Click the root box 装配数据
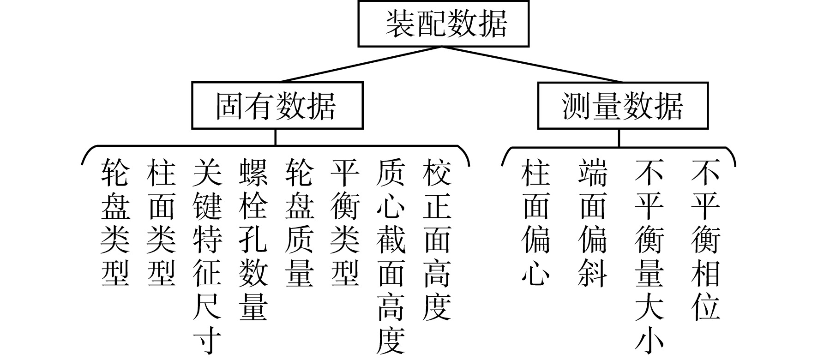[x=443, y=24]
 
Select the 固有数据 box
[x=277, y=106]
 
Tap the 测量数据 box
[x=623, y=106]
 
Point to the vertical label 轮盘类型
[x=115, y=222]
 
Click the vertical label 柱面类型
[x=161, y=222]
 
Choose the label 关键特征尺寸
[x=207, y=256]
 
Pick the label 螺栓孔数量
[x=253, y=240]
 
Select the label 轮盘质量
[x=300, y=222]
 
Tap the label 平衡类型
[x=345, y=222]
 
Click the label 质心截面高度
[x=391, y=256]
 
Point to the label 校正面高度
[x=437, y=240]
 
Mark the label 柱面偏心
[x=536, y=222]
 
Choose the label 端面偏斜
[x=593, y=222]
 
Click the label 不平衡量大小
[x=649, y=256]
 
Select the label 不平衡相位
[x=706, y=240]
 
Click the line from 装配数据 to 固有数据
[x=360, y=65]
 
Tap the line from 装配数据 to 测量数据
[x=531, y=65]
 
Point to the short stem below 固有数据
[x=276, y=137]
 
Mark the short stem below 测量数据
[x=619, y=138]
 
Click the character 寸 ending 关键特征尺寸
[x=207, y=341]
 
